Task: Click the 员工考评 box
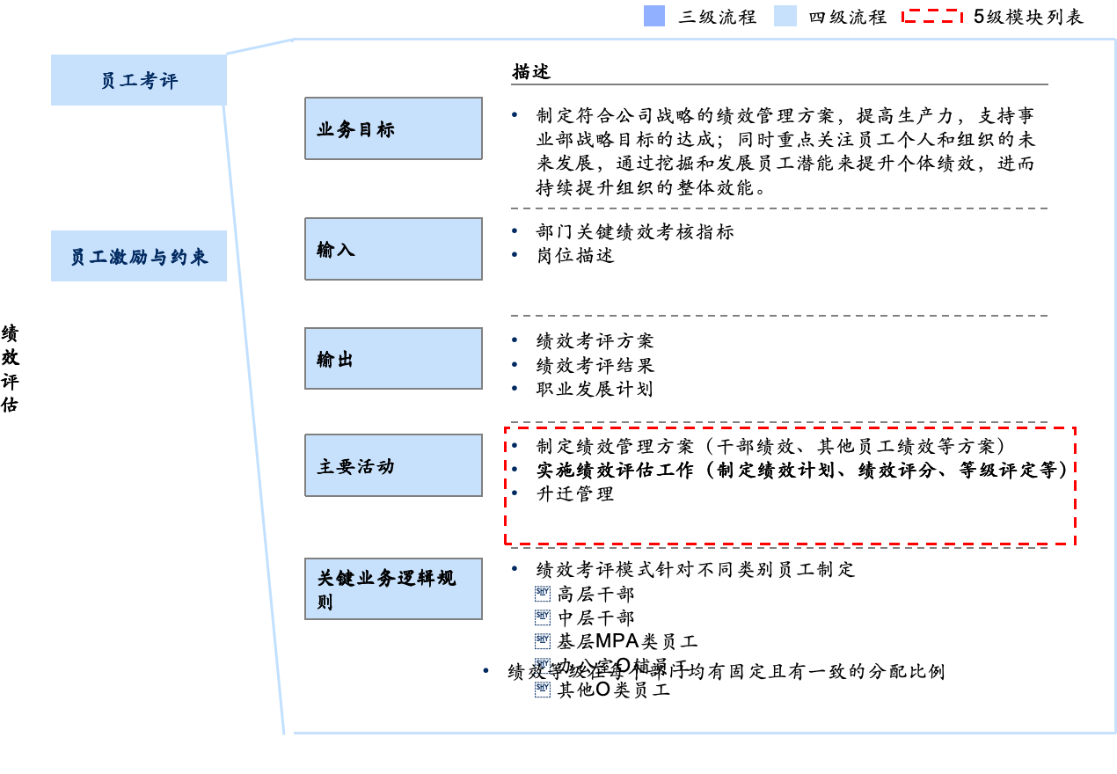click(x=139, y=80)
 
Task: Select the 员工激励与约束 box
click(x=139, y=256)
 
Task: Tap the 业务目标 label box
click(x=393, y=128)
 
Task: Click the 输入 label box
click(x=393, y=249)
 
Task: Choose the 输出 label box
click(x=393, y=358)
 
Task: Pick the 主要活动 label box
click(x=393, y=465)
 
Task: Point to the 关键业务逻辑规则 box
click(x=393, y=588)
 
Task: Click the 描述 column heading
click(x=531, y=72)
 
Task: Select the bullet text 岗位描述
click(x=575, y=255)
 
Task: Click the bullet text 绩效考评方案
click(x=595, y=341)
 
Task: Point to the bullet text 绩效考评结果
click(x=595, y=365)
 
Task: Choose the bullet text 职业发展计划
click(x=595, y=389)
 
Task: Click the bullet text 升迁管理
click(x=575, y=493)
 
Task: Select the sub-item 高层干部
click(x=595, y=595)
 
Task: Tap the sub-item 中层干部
click(x=595, y=618)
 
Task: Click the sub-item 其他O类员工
click(x=614, y=690)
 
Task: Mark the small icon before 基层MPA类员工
click(x=543, y=641)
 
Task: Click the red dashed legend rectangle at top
click(x=932, y=16)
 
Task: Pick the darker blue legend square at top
click(x=654, y=16)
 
